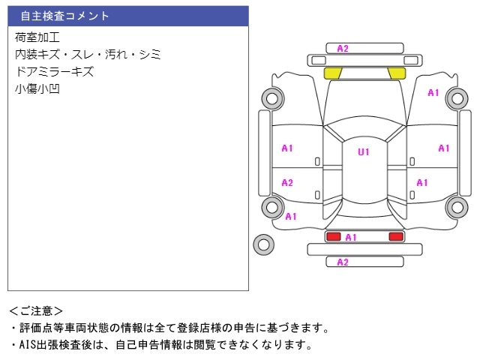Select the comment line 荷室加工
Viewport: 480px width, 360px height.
[x=37, y=37]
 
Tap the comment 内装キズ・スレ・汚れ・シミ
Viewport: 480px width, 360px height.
[x=88, y=55]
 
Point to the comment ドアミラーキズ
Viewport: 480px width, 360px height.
[x=54, y=72]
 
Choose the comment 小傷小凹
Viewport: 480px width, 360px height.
[x=37, y=89]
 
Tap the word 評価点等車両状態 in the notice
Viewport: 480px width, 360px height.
[x=64, y=328]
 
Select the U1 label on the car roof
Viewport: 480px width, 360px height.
[x=363, y=152]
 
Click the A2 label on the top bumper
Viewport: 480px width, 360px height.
[x=343, y=49]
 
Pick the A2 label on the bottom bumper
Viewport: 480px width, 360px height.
[x=343, y=262]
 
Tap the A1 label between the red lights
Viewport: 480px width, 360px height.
[x=350, y=237]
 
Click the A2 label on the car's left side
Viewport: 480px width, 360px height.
[x=287, y=183]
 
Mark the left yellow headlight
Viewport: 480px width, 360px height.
[x=332, y=73]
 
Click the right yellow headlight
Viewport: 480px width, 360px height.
[x=396, y=73]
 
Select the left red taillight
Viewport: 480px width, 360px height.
[x=332, y=236]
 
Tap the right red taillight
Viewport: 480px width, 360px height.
[x=395, y=236]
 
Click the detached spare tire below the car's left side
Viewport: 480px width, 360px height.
[x=263, y=244]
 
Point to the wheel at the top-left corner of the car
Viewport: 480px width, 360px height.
[x=271, y=97]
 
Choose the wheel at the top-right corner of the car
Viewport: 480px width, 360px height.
[x=456, y=97]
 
